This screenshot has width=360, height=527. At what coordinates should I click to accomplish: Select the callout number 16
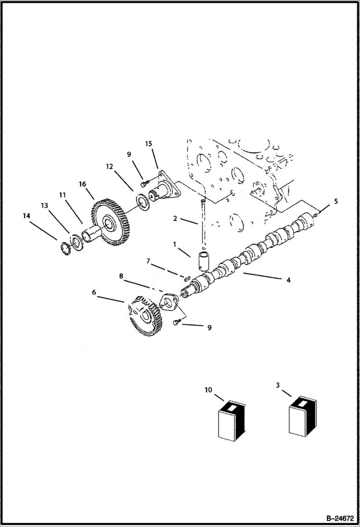pyautogui.click(x=83, y=184)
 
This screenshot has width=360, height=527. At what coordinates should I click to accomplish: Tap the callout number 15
pyautogui.click(x=148, y=144)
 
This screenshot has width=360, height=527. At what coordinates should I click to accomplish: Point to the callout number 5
pyautogui.click(x=336, y=201)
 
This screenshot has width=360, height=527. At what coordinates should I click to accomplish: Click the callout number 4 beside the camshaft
pyautogui.click(x=288, y=280)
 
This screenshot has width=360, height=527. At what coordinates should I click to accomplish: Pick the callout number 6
pyautogui.click(x=94, y=292)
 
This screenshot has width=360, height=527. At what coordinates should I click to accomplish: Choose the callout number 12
pyautogui.click(x=110, y=166)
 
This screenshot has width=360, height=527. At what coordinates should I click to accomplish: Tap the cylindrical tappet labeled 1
pyautogui.click(x=202, y=260)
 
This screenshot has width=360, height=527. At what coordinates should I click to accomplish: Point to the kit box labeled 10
pyautogui.click(x=232, y=420)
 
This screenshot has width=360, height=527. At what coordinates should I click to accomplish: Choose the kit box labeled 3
pyautogui.click(x=303, y=417)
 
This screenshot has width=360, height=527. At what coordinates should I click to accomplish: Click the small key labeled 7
pyautogui.click(x=187, y=277)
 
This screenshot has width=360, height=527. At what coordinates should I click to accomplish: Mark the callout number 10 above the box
pyautogui.click(x=208, y=390)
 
